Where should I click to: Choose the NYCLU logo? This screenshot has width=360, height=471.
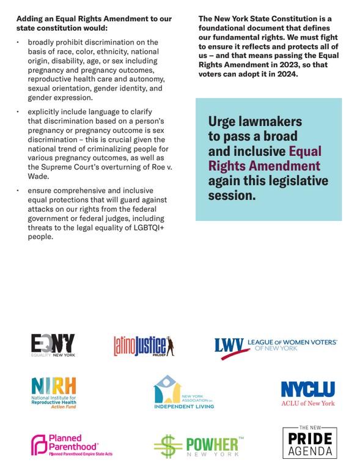pyautogui.click(x=308, y=393)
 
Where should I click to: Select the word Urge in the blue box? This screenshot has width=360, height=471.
pyautogui.click(x=222, y=122)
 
